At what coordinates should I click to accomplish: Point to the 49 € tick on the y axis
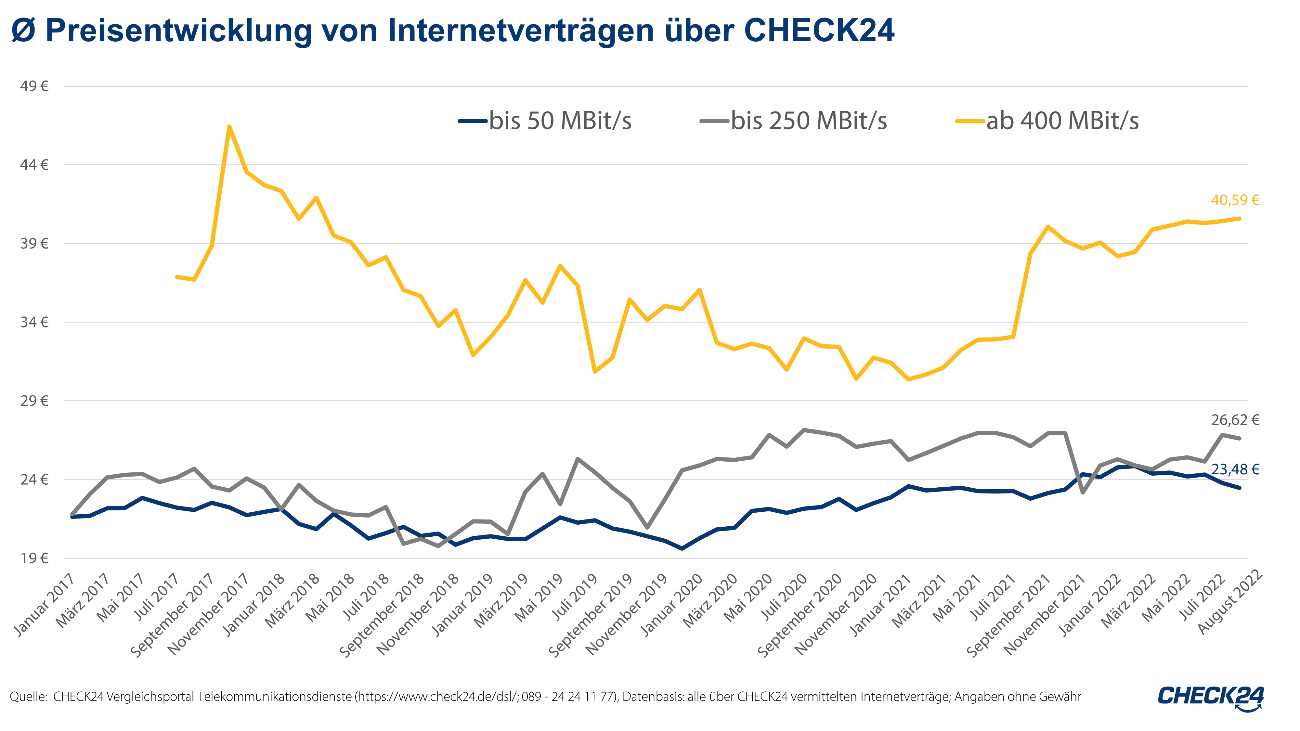(x=34, y=86)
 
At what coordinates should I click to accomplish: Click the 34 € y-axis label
(x=34, y=322)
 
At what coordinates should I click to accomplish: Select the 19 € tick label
(x=34, y=558)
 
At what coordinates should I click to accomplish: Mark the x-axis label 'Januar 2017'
(x=45, y=605)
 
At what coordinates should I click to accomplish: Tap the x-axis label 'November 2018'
(x=418, y=614)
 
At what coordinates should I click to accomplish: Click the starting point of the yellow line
(x=176, y=277)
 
